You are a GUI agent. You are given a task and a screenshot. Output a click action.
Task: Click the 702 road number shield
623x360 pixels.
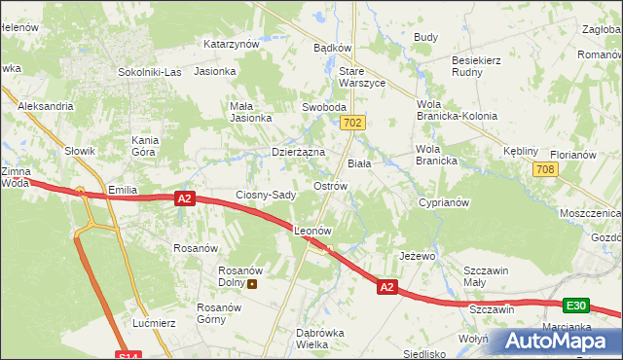(x=353, y=123)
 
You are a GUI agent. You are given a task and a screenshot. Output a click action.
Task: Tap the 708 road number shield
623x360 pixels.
(x=546, y=170)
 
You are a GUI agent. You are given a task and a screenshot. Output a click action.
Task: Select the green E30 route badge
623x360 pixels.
(x=576, y=306)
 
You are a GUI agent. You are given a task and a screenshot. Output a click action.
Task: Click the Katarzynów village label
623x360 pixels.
(x=231, y=44)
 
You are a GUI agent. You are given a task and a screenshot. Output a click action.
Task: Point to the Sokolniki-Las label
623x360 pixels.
(x=149, y=72)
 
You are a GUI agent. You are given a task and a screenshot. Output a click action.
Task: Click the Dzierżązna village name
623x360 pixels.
(x=298, y=152)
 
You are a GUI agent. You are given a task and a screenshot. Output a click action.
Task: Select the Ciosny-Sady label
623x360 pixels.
(x=266, y=195)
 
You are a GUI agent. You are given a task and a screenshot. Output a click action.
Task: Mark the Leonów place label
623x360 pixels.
(x=313, y=232)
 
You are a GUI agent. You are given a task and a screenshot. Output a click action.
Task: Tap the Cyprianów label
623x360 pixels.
(x=444, y=203)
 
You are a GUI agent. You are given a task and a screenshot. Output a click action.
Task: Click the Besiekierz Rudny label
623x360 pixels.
(x=476, y=66)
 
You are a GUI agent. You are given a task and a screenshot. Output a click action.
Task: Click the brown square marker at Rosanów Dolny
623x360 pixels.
(x=253, y=284)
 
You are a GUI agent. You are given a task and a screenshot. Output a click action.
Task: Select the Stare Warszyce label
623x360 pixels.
(x=361, y=77)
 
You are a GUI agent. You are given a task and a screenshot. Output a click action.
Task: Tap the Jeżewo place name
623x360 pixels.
(x=417, y=256)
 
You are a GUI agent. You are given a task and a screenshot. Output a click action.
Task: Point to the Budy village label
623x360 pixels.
(x=425, y=37)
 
